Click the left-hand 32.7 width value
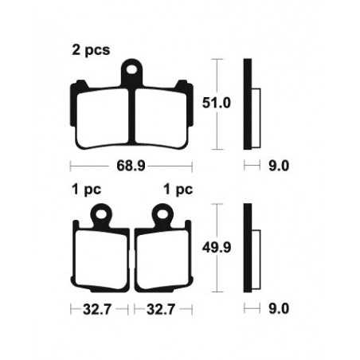[101, 307]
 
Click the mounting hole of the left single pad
[102, 213]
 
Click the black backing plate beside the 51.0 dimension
[248, 104]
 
